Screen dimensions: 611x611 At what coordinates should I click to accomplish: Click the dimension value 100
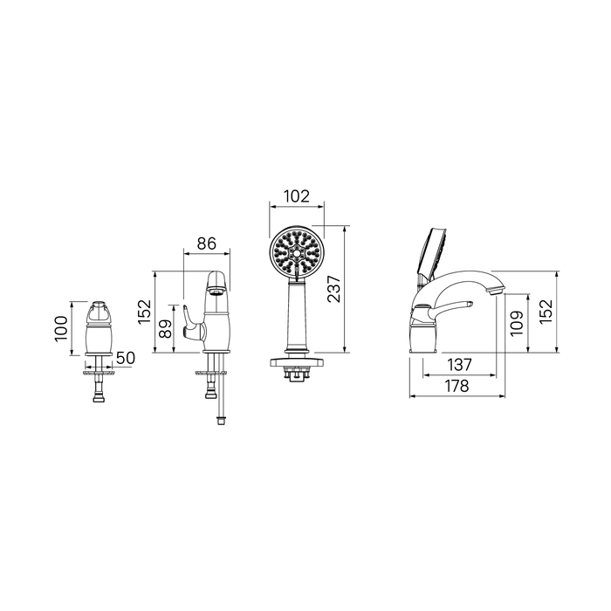coord(61,328)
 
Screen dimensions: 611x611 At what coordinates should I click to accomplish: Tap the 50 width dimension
coord(126,358)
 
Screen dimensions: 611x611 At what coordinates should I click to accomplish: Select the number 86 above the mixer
coord(206,244)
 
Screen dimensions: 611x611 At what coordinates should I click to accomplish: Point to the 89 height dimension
coord(166,329)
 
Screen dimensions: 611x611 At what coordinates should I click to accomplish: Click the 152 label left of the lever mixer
coord(144,312)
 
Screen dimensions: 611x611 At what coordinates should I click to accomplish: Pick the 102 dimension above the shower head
coord(297,196)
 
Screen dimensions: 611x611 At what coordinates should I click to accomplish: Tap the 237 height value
coord(333,289)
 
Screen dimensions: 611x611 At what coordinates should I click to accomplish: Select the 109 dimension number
coord(517,323)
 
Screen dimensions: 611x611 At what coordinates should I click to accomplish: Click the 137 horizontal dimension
coord(459,365)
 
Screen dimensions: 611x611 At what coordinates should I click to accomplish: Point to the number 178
coord(457,386)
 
